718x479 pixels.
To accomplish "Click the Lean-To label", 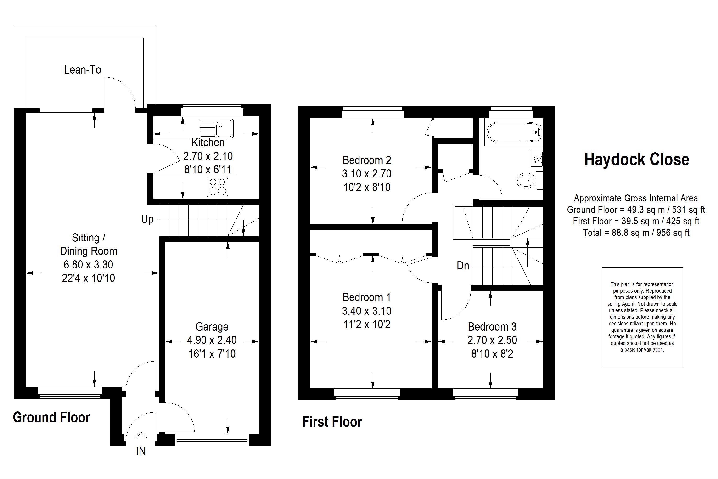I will tap(82, 70).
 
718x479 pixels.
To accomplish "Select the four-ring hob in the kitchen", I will tap(217, 187).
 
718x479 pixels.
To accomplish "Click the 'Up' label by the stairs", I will tap(147, 219).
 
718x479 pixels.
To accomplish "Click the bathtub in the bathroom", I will tap(513, 132).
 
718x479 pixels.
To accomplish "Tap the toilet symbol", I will tap(526, 181).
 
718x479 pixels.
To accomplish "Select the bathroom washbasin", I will tap(536, 159).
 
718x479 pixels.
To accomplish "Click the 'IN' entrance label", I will tap(141, 451).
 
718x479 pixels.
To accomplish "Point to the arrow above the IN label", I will tap(141, 438).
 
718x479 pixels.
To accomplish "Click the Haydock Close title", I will tap(636, 160).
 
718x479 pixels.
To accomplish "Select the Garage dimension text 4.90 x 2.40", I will tap(212, 340).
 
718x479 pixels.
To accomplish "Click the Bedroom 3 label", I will tap(492, 327).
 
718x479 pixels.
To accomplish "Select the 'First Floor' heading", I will tap(332, 422).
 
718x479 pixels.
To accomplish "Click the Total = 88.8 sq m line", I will tap(636, 233).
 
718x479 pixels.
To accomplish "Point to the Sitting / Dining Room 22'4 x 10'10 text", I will tap(89, 278).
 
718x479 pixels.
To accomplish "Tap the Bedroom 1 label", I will tap(366, 297).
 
